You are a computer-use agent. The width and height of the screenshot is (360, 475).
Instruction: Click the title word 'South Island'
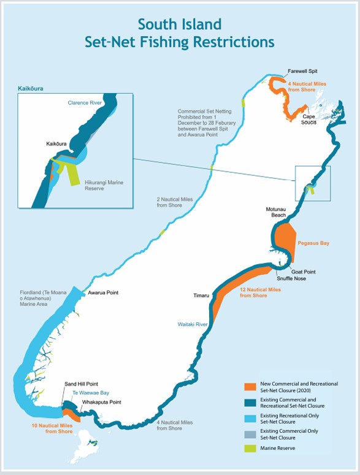[180, 25]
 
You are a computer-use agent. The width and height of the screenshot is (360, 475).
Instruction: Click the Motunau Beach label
[276, 212]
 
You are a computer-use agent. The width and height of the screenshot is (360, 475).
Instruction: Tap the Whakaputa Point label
[101, 402]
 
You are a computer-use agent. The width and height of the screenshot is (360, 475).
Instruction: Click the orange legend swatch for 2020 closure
[249, 387]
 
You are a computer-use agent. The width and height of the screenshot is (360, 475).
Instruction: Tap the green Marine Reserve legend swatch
[249, 448]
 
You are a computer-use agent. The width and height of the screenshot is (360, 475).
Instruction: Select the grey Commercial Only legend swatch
[249, 434]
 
